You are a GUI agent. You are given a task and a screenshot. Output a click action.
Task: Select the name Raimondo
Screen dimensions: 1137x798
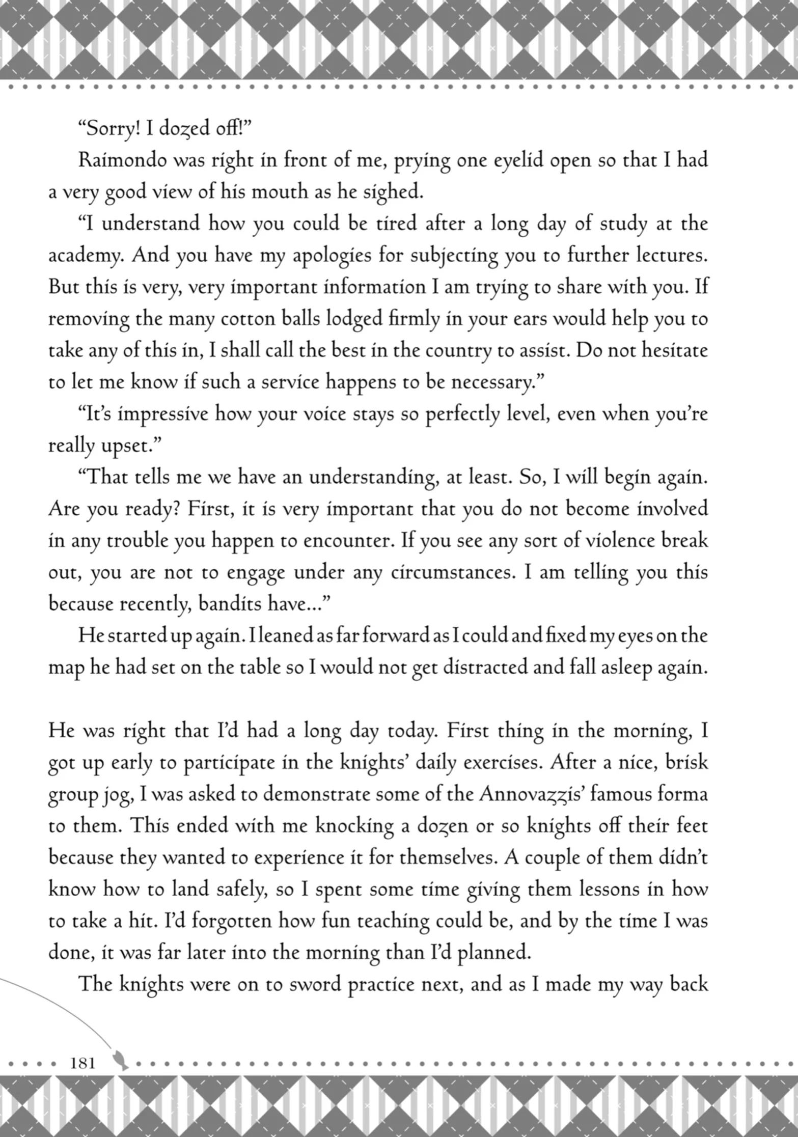(122, 160)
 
